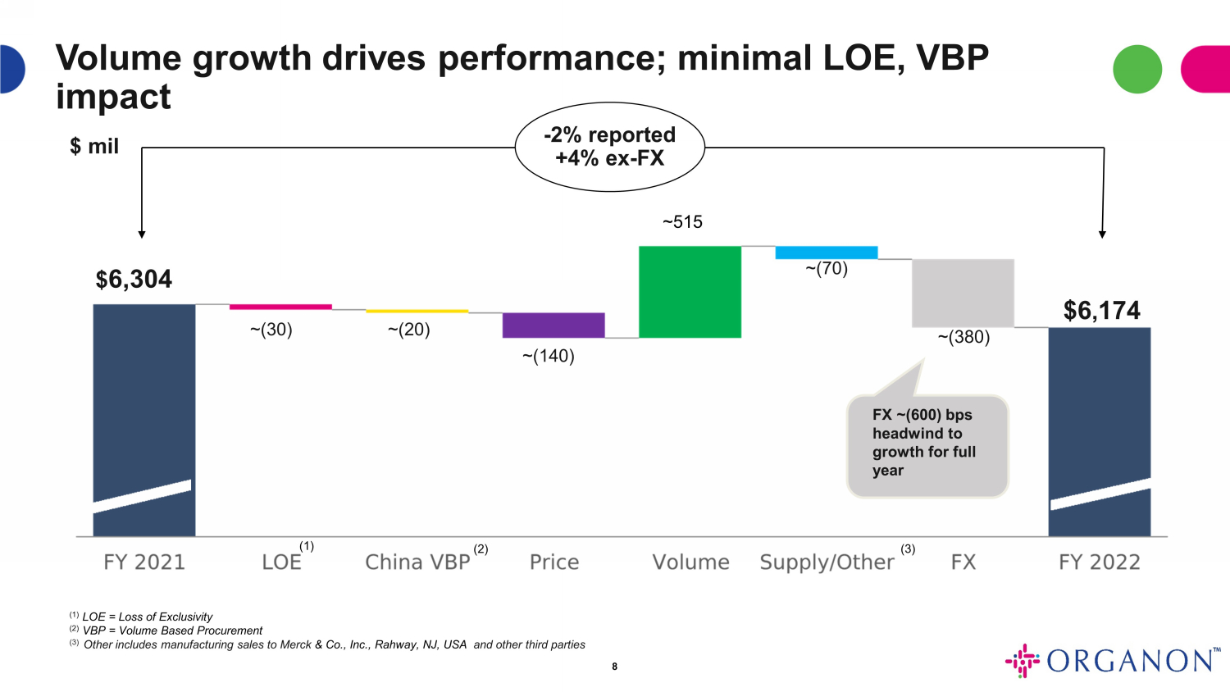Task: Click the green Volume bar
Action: tap(690, 292)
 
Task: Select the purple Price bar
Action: tap(553, 325)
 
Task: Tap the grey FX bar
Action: tap(963, 293)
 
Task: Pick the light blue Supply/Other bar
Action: tap(826, 253)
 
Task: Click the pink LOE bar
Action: tap(280, 307)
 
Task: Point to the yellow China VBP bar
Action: tap(417, 312)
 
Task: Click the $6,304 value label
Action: tap(134, 280)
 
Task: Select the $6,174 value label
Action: tap(1101, 311)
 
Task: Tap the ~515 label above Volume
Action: tap(682, 222)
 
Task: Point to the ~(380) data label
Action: tap(963, 337)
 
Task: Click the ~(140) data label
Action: tap(548, 356)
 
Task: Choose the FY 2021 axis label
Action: tap(144, 562)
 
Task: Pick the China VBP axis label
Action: tap(417, 562)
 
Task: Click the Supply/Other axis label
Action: tap(827, 562)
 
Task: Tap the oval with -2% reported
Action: tap(609, 147)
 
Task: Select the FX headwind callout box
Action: tap(927, 445)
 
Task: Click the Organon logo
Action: tap(1113, 661)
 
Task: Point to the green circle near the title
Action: tap(1137, 69)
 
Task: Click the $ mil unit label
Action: tap(94, 147)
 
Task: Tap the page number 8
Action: tap(614, 667)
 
